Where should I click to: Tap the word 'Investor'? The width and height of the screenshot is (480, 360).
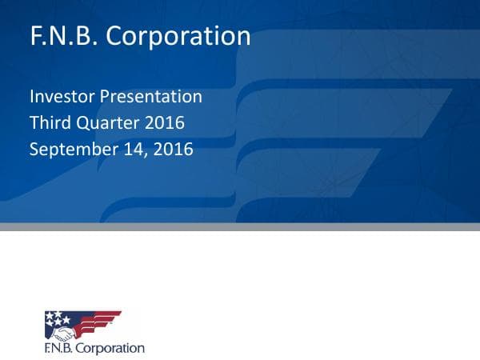click(x=62, y=98)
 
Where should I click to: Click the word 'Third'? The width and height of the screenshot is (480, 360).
click(x=49, y=123)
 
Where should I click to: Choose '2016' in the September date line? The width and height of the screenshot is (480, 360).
click(x=174, y=149)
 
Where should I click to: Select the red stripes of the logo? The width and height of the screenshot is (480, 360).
click(x=100, y=320)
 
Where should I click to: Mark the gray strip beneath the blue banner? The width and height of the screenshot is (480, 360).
click(x=240, y=226)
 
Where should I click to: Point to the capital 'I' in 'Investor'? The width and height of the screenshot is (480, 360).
click(x=32, y=98)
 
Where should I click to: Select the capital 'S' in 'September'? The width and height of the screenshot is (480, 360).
click(x=34, y=149)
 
